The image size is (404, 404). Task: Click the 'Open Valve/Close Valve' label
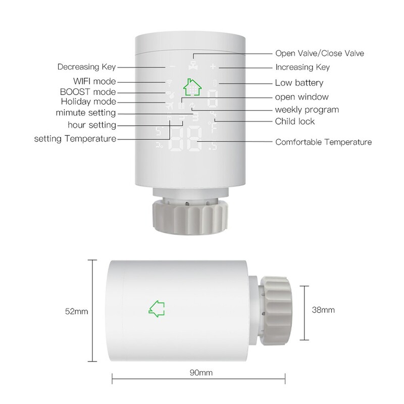coord(319,53)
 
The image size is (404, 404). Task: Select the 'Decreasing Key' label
coord(86,67)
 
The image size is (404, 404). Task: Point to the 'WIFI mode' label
coord(95,81)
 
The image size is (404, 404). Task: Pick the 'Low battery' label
coord(299,83)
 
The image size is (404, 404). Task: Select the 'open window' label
coord(302,97)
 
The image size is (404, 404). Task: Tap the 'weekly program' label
coord(307,110)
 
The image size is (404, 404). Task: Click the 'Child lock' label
coord(295,121)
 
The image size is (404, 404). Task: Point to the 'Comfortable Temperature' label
coord(323,142)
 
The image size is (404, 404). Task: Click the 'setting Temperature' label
coord(75,138)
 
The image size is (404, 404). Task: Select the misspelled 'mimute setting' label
coord(85,113)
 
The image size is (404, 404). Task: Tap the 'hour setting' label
coord(92,125)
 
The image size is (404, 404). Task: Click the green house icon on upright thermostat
coord(192,86)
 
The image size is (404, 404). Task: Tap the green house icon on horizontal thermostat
coord(157,307)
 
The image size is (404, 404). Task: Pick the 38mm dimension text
coord(324,310)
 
